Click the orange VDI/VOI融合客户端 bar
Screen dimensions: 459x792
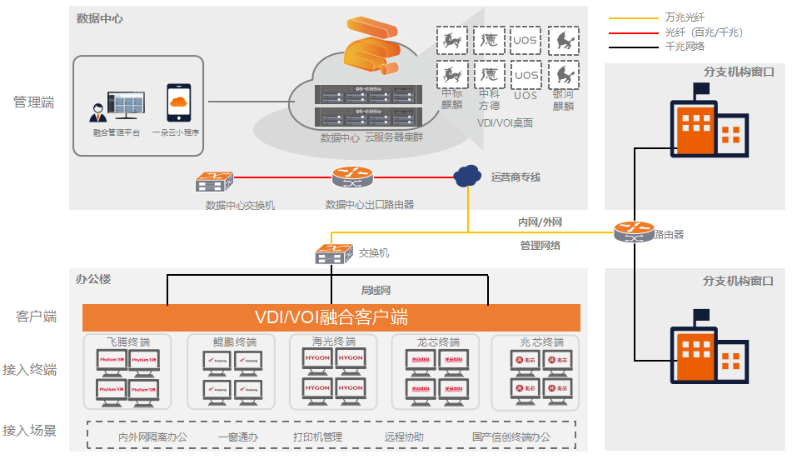tap(331, 317)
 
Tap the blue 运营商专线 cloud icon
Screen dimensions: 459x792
tap(467, 176)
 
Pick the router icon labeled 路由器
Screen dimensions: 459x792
tap(633, 232)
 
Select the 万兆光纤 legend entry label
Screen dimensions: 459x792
tap(685, 17)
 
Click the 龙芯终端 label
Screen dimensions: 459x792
tap(438, 342)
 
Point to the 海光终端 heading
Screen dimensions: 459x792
tap(334, 342)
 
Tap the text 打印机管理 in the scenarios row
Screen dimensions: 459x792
tap(317, 437)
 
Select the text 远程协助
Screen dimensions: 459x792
tap(404, 437)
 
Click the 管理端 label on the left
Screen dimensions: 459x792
tap(34, 102)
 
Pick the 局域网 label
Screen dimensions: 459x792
tap(376, 291)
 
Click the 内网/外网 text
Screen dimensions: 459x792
tap(540, 222)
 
